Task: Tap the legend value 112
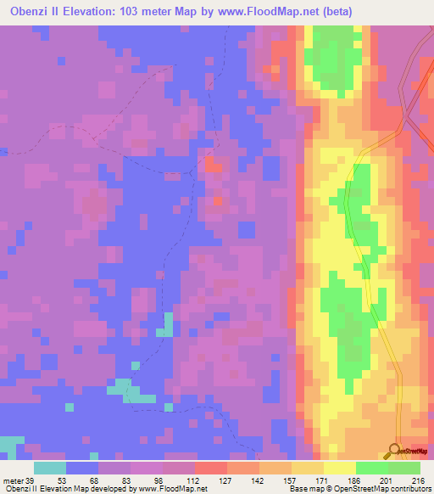pyautogui.click(x=193, y=480)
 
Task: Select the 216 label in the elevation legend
pyautogui.click(x=417, y=480)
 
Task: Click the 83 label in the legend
pyautogui.click(x=129, y=480)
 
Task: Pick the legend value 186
pyautogui.click(x=354, y=480)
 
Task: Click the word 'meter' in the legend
pyautogui.click(x=13, y=480)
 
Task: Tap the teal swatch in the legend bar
pyautogui.click(x=50, y=468)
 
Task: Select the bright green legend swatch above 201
pyautogui.click(x=371, y=468)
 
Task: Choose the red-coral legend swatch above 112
pyautogui.click(x=210, y=468)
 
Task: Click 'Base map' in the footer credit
pyautogui.click(x=303, y=489)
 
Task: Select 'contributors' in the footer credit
pyautogui.click(x=407, y=489)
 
